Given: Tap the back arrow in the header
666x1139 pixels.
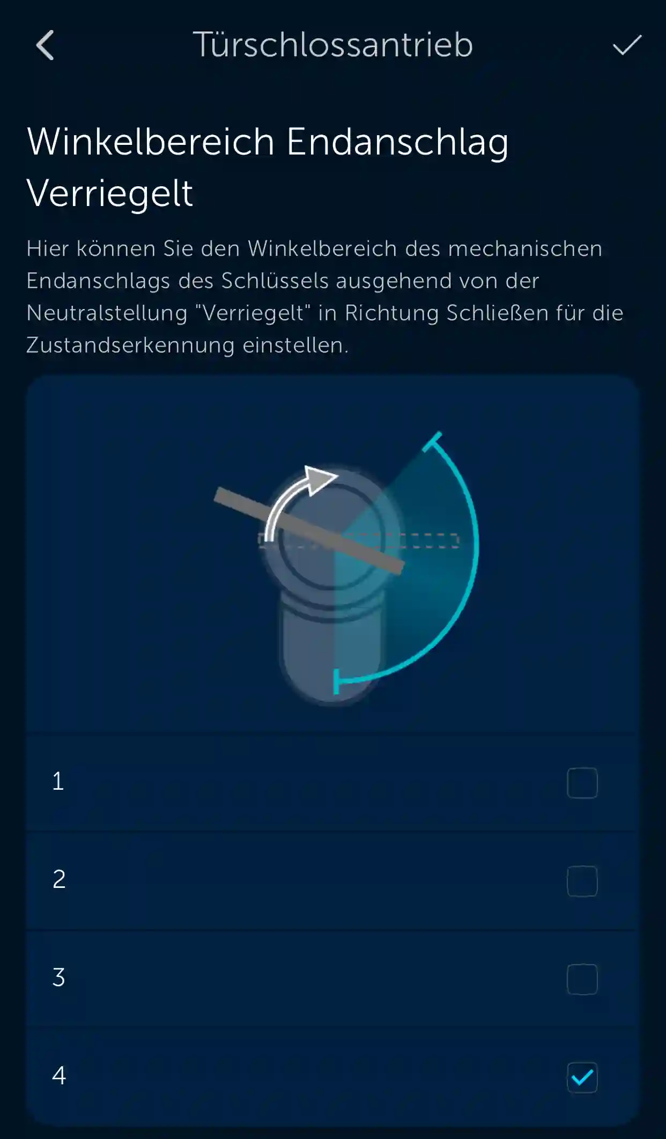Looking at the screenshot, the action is tap(45, 45).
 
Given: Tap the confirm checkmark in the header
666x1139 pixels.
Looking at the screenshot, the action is tap(627, 45).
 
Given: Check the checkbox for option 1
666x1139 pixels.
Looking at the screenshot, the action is tap(582, 783).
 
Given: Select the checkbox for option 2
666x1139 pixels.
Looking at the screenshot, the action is tap(582, 881).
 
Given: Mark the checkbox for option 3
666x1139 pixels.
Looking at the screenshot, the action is tap(582, 979).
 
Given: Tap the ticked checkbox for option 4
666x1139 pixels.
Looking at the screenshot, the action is tap(582, 1077).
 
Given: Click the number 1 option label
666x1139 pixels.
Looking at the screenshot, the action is tap(58, 781).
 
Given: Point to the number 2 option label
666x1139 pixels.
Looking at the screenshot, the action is tap(59, 879).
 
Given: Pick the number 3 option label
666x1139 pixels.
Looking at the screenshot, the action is tap(59, 978).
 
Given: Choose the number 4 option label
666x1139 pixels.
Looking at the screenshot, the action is tap(59, 1075).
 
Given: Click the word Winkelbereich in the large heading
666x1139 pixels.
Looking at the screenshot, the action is tap(151, 142).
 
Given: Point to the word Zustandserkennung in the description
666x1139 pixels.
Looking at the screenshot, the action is tap(130, 346).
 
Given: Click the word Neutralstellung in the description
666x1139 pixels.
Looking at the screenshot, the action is tap(107, 313).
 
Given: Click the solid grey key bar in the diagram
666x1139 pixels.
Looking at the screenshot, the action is tap(309, 531).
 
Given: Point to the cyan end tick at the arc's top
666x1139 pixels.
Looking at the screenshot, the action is tap(432, 442).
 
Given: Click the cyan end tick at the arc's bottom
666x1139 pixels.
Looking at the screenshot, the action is tap(336, 681).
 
